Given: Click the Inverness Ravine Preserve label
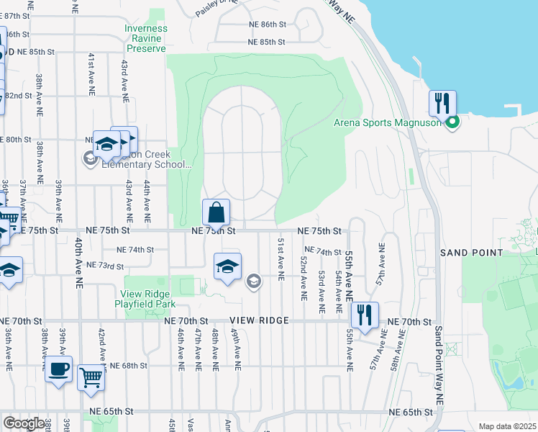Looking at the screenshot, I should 147,39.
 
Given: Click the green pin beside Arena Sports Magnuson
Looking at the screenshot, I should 452,123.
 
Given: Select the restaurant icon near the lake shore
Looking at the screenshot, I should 442,103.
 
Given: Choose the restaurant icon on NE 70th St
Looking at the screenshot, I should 365,315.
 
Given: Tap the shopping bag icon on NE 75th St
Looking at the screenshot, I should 216,212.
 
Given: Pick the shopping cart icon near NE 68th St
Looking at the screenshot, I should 91,376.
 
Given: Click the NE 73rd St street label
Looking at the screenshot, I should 105,266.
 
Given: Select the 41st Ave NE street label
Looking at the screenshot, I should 91,74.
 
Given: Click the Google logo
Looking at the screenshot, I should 23,423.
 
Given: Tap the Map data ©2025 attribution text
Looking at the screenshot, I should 507,426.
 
